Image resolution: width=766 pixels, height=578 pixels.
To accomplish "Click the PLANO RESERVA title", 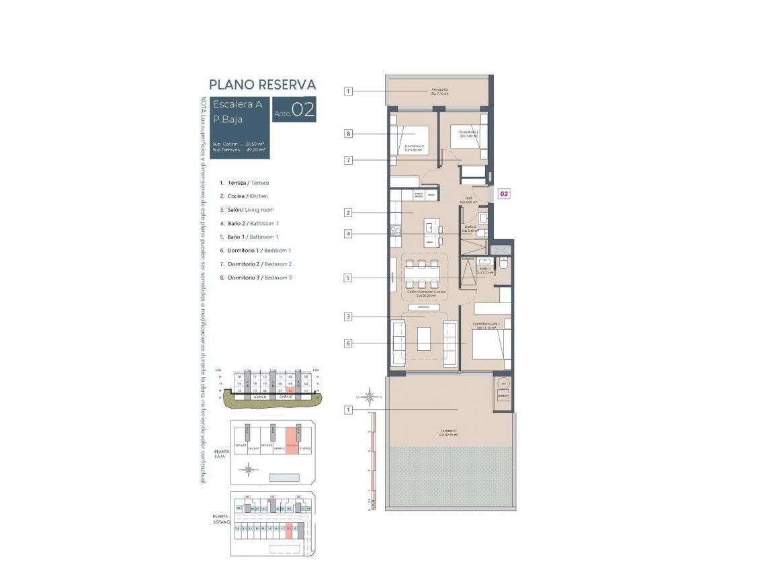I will (x=262, y=85).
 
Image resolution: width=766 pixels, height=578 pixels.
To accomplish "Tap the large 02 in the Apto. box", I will (x=303, y=111).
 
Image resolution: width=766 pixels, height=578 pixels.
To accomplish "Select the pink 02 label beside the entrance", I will (x=503, y=194).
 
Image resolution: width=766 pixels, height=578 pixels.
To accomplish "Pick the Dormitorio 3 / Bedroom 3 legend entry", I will (x=259, y=278).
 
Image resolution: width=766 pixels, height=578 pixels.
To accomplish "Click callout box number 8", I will (x=348, y=134).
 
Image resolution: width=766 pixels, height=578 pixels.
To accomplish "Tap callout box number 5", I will (x=348, y=278).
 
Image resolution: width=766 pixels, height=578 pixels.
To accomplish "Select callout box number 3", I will (x=348, y=317).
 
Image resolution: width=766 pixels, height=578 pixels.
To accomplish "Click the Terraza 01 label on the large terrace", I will (x=450, y=433).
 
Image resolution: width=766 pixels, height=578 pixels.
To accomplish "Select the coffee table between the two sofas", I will (x=425, y=338).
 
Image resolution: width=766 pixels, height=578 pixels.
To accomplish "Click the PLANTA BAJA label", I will (x=222, y=455).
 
